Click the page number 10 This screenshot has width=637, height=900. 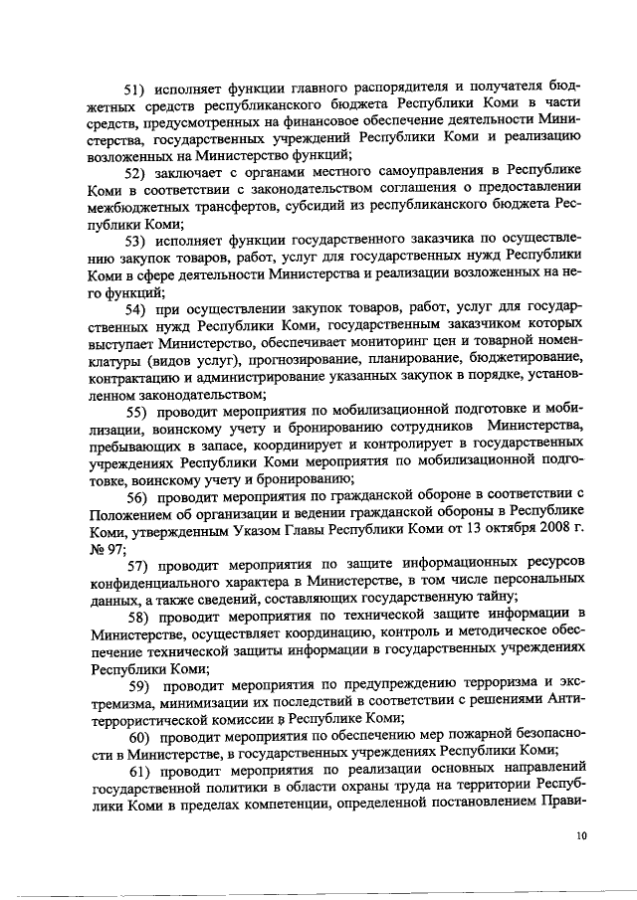581,838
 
